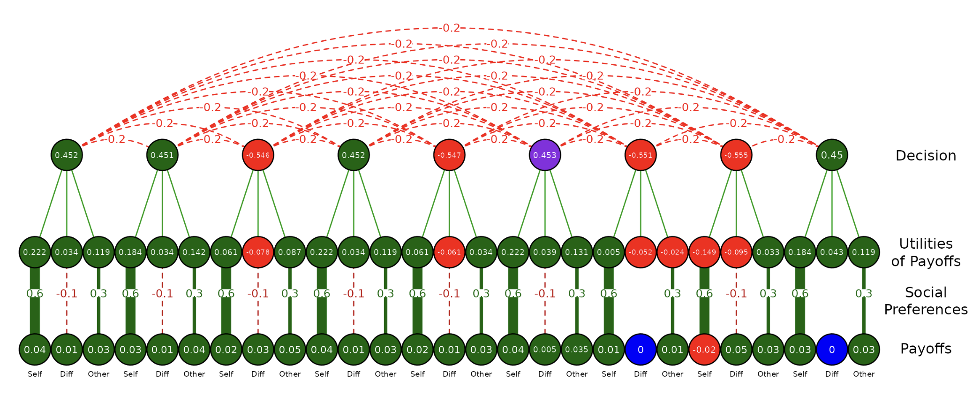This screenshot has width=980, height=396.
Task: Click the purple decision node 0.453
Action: tap(545, 155)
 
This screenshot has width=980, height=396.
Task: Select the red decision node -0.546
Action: tap(258, 155)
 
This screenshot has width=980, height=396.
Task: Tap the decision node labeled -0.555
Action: tap(736, 155)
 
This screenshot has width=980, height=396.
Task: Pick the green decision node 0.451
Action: tap(162, 155)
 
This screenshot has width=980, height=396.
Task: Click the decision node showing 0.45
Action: tap(832, 155)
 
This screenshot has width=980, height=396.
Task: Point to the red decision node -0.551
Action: tap(641, 155)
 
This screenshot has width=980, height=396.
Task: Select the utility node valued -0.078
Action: tap(258, 252)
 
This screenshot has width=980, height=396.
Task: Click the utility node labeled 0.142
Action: tap(194, 252)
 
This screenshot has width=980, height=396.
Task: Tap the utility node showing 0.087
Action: tap(290, 252)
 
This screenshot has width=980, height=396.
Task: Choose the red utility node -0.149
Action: tap(704, 252)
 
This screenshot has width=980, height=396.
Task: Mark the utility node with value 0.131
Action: tap(577, 252)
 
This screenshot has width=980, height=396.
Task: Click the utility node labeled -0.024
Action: tap(672, 252)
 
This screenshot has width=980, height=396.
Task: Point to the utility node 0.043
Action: tap(832, 252)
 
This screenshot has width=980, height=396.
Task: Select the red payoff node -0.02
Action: tap(704, 350)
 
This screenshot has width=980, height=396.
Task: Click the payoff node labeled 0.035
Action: tap(577, 350)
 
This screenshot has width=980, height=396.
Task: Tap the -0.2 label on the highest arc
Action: tap(451, 28)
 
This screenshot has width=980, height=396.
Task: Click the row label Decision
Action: tap(926, 156)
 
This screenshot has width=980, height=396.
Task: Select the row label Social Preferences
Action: tap(926, 301)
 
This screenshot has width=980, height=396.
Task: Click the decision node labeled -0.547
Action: tap(449, 155)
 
